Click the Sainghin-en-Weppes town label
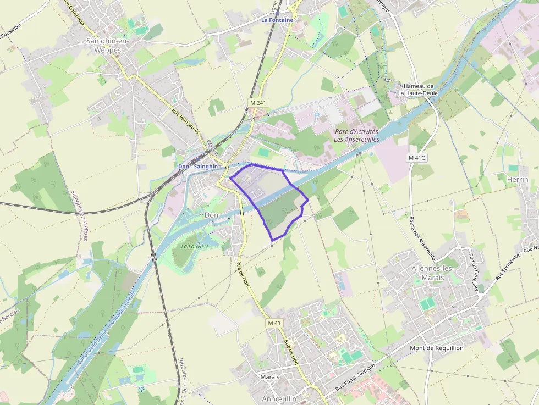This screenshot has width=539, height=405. [x=104, y=45]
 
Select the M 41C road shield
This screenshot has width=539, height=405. [x=417, y=158]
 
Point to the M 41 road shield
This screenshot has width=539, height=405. [x=274, y=323]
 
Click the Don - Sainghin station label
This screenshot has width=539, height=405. [x=198, y=166]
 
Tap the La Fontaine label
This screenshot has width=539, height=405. [x=277, y=20]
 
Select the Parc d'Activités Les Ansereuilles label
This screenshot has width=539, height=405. [x=356, y=136]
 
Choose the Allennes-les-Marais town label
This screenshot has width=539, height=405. [x=432, y=273]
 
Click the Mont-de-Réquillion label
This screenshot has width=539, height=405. [x=437, y=348]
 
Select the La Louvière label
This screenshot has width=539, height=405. [x=195, y=246]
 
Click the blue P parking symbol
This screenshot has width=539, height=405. [x=316, y=116]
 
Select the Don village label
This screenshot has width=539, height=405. [x=212, y=215]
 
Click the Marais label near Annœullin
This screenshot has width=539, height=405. [x=269, y=377]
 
